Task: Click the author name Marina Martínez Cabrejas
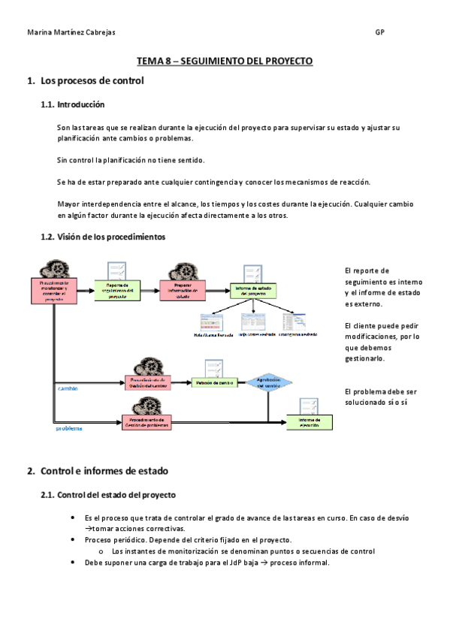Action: pos(71,33)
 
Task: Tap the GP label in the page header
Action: pos(380,33)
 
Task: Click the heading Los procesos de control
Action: pos(91,80)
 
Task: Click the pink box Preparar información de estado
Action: pos(183,290)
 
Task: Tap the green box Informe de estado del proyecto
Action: pos(252,290)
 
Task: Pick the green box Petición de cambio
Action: pos(213,382)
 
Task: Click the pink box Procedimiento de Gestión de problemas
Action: pos(146,422)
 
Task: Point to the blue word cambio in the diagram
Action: pos(68,389)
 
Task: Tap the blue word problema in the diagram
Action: pos(69,429)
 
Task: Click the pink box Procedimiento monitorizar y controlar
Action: pos(54,290)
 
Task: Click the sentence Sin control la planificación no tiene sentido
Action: pos(131,160)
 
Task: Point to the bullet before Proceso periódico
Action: pos(72,540)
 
